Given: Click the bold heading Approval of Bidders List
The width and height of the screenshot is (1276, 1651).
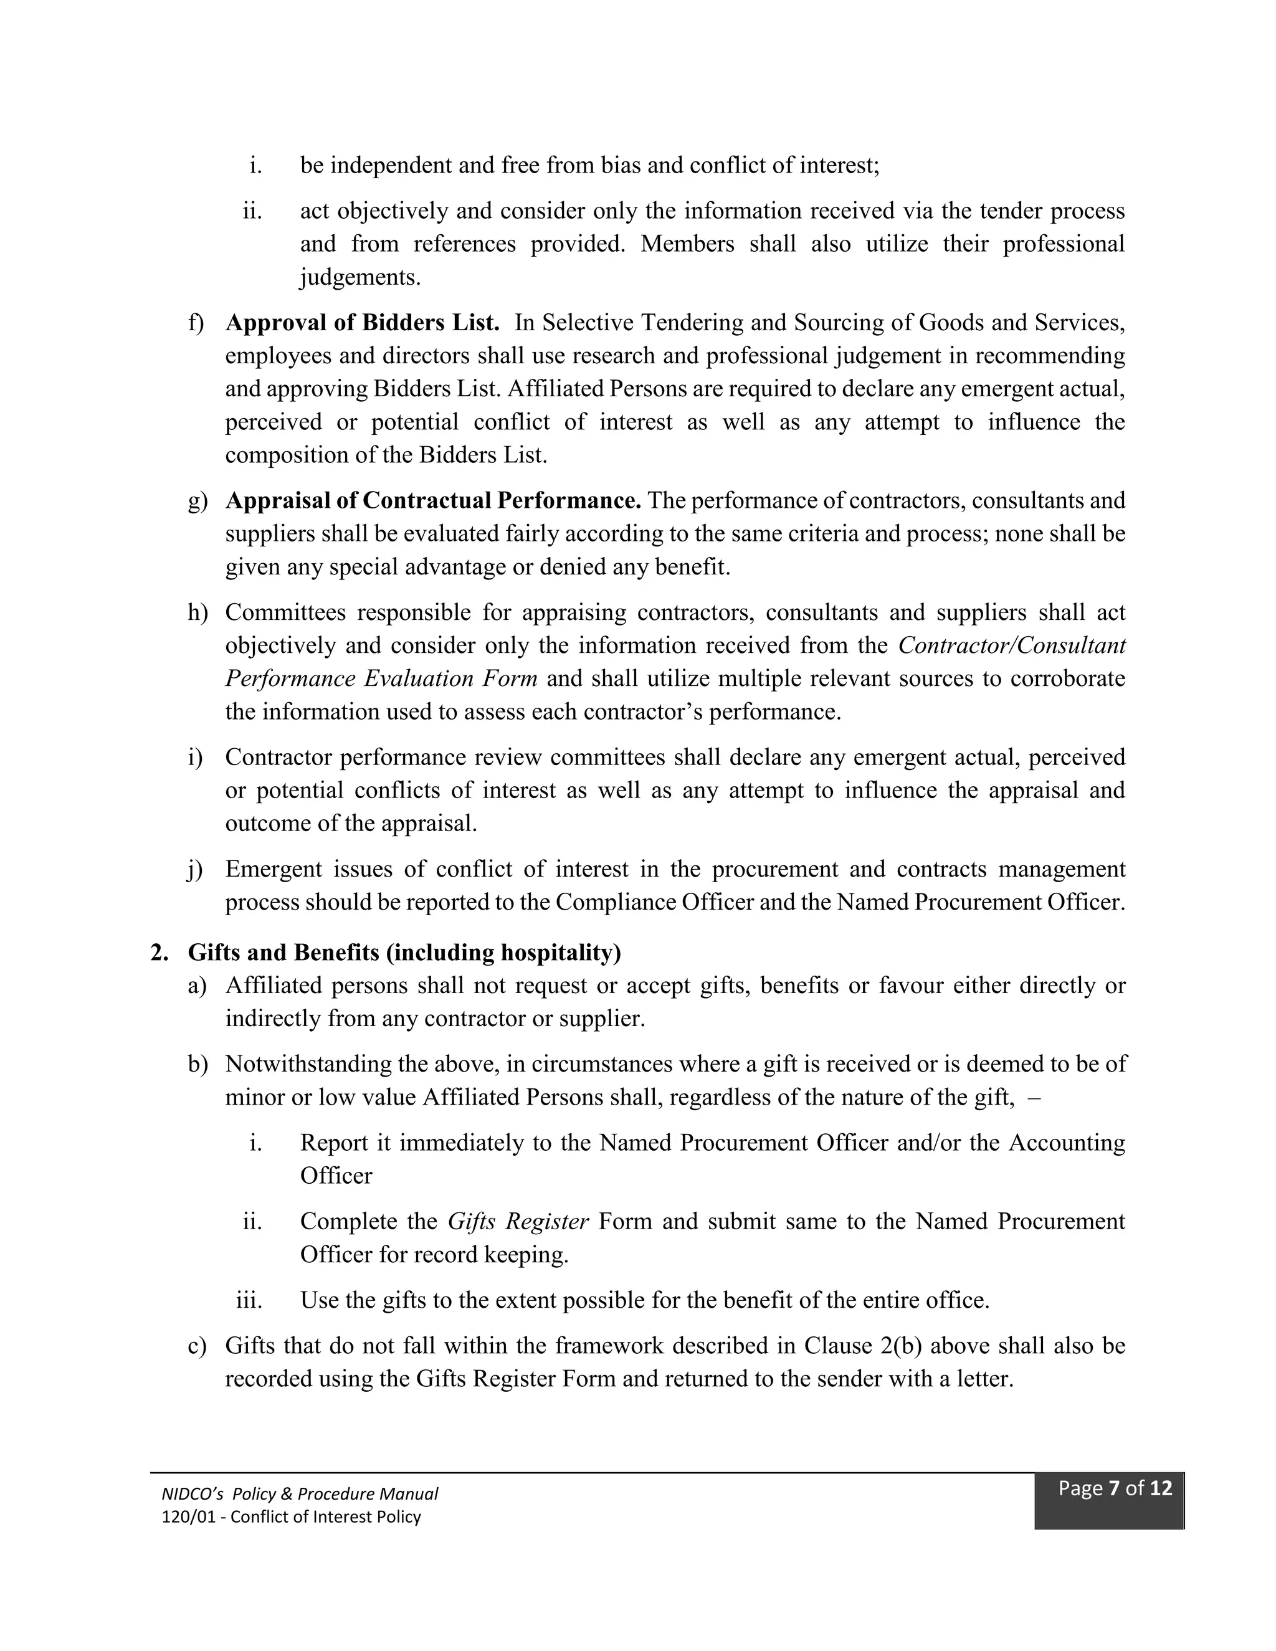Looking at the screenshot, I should click(362, 323).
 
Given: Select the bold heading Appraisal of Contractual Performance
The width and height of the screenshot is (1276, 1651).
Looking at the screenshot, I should click(433, 500).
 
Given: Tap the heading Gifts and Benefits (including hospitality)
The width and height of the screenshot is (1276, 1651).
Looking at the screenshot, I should click(404, 953).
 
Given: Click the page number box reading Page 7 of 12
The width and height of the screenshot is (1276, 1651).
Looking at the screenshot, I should click(1114, 1488).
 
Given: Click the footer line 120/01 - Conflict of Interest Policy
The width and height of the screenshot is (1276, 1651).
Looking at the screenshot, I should click(291, 1516).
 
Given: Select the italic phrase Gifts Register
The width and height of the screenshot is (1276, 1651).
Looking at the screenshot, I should click(518, 1222).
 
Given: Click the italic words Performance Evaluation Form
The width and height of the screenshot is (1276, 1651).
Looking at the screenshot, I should click(381, 678).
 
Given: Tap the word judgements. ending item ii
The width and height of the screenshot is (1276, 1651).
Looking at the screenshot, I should click(360, 277).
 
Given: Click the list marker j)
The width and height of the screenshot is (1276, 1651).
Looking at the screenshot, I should click(195, 869).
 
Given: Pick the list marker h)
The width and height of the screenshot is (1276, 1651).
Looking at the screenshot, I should click(196, 612).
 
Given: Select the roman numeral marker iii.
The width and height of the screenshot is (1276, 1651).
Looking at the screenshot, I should click(249, 1300).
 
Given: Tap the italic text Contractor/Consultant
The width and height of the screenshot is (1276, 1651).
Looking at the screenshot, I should click(1011, 645).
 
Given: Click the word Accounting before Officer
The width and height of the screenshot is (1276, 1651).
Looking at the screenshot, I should click(1067, 1143).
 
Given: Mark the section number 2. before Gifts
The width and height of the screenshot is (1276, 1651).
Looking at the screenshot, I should click(159, 953).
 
